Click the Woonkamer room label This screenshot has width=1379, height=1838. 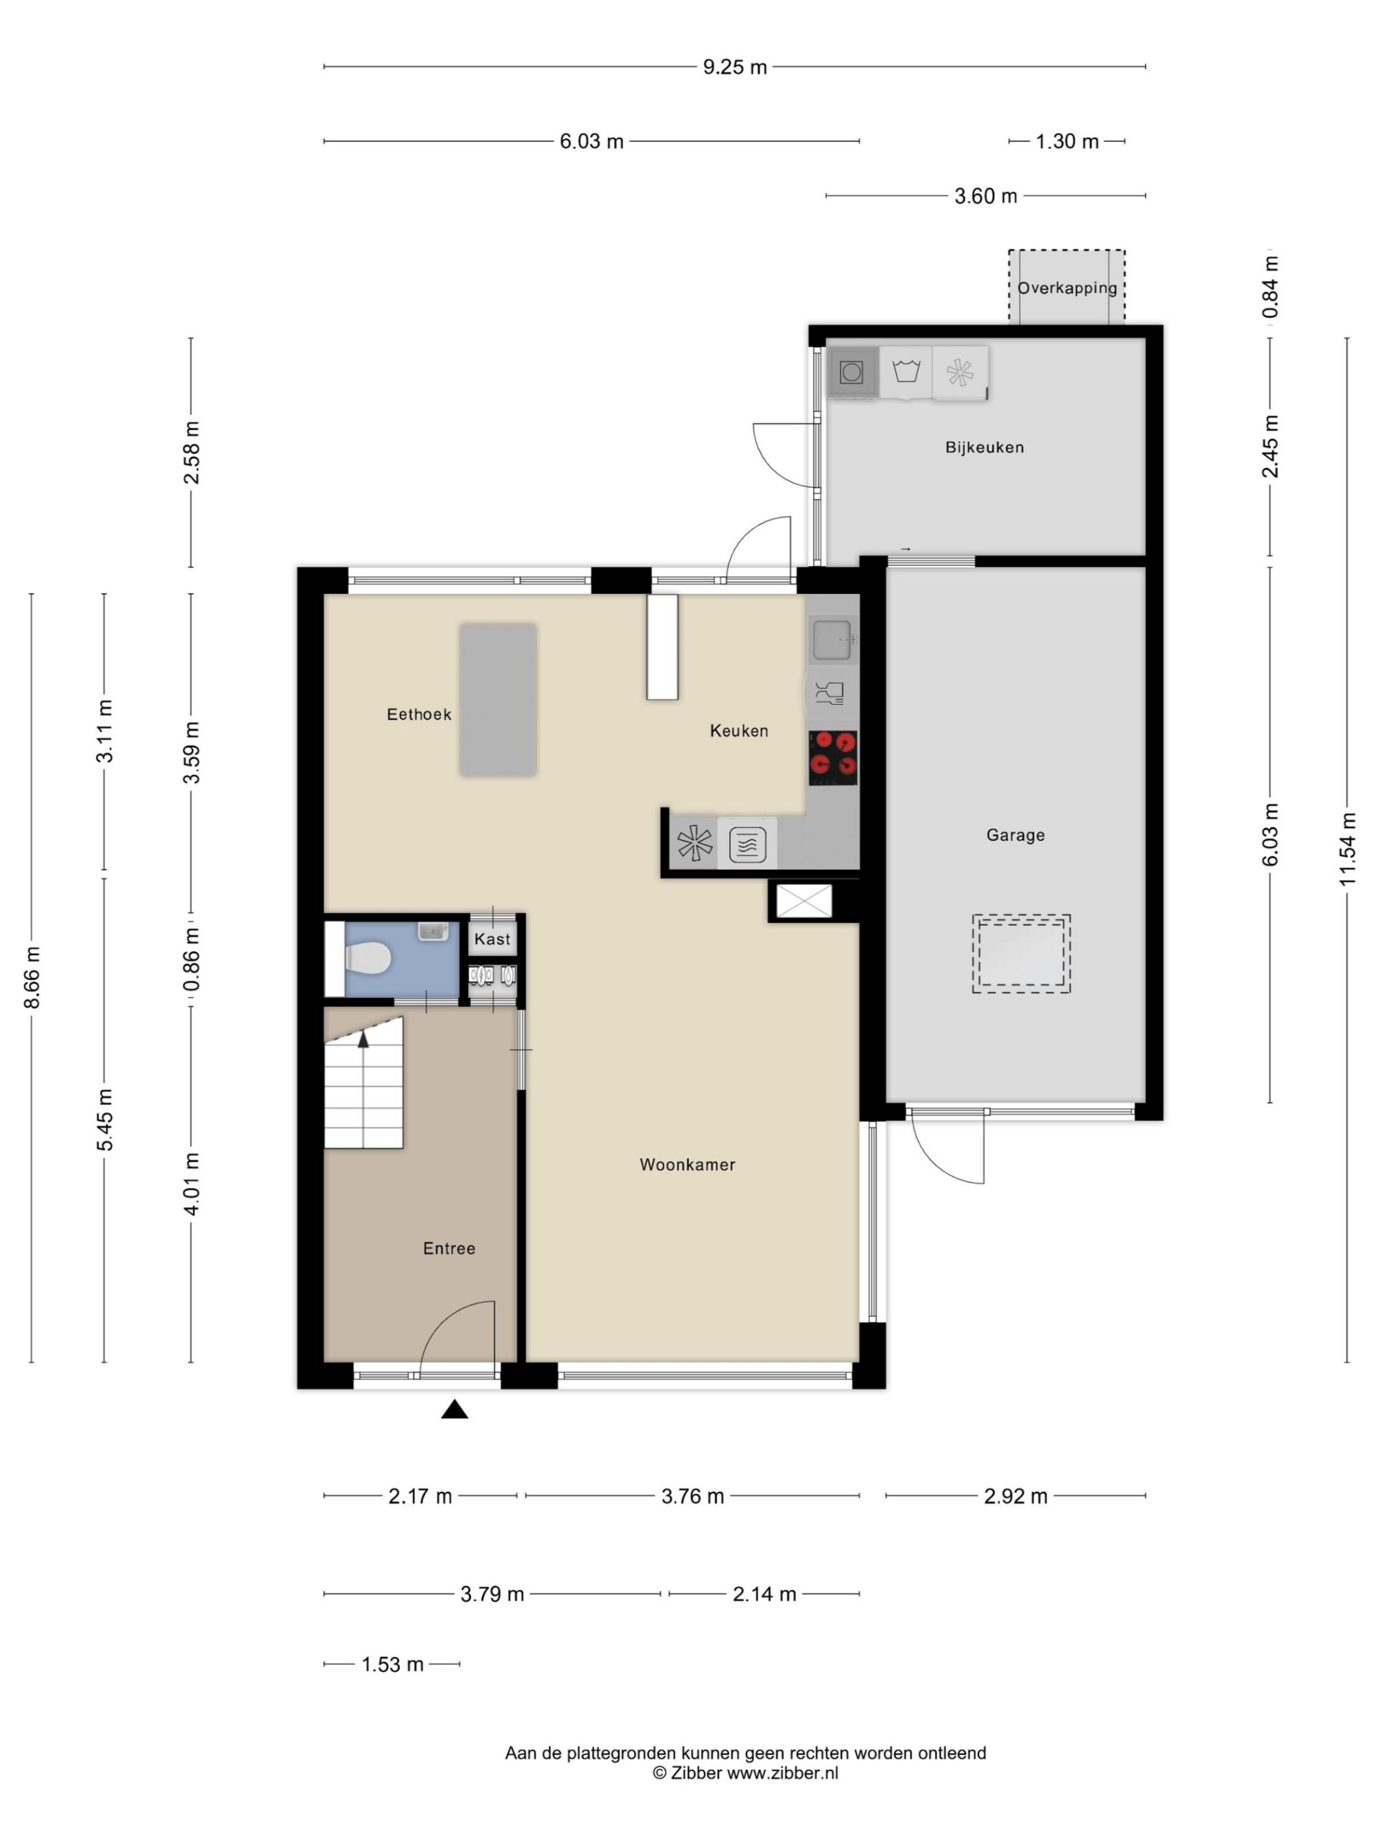[x=687, y=1165]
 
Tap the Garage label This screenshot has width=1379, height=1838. [x=1015, y=835]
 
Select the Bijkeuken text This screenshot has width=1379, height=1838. [x=984, y=447]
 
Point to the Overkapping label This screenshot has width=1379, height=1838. [x=1067, y=287]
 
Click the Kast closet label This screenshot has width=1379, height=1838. [x=492, y=939]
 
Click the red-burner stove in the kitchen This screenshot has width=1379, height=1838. [x=833, y=757]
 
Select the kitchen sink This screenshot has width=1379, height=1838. [x=832, y=640]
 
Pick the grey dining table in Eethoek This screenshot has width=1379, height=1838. [x=498, y=700]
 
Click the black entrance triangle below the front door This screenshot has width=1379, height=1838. [x=454, y=1409]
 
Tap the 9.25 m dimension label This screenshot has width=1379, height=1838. [x=735, y=66]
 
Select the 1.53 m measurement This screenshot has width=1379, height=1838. [x=392, y=1664]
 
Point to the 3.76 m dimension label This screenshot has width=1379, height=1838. [x=692, y=1496]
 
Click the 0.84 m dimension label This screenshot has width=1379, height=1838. [x=1270, y=286]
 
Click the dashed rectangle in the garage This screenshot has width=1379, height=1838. [x=1020, y=954]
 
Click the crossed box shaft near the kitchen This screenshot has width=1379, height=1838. [x=804, y=901]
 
